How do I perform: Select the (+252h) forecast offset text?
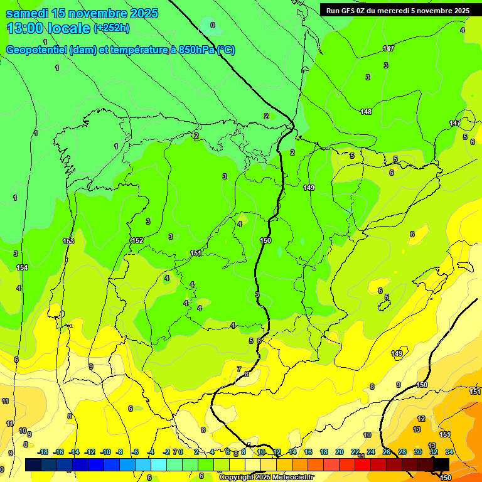pos(112,28)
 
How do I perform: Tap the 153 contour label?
pos(68,241)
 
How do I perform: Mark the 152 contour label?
pos(137,240)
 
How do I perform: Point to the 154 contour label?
pos(23,267)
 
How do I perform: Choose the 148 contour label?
pos(366,112)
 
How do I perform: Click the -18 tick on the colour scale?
pos(43,452)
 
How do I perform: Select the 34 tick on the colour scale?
pos(449,452)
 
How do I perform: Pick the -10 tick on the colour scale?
pos(105,452)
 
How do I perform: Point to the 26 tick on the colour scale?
pos(387,452)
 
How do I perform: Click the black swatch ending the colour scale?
pos(441,464)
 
